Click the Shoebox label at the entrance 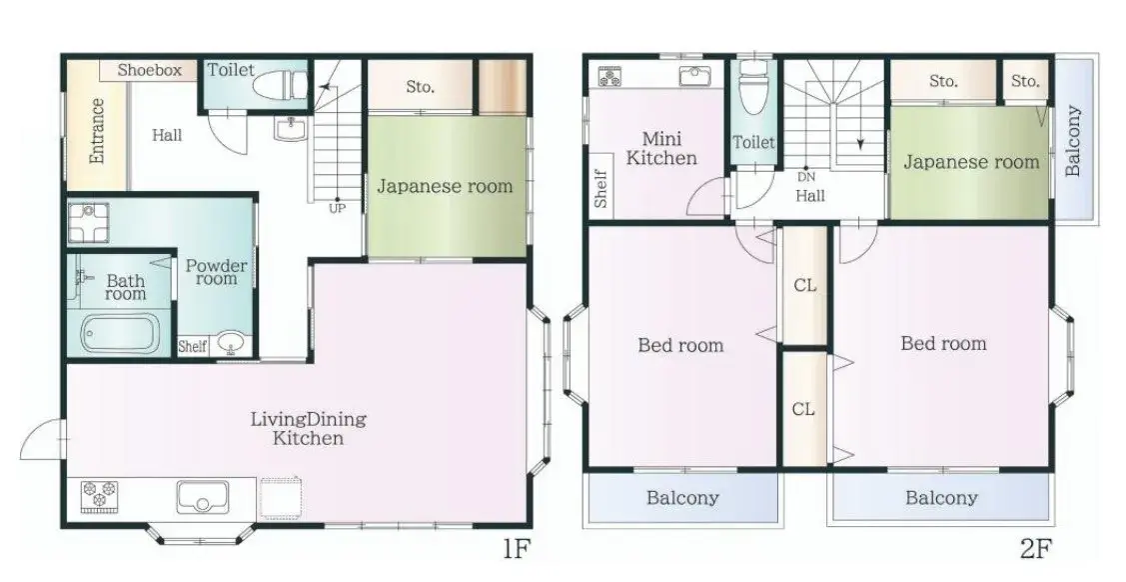(x=150, y=70)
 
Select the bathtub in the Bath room (x=120, y=333)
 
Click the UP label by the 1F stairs (x=337, y=209)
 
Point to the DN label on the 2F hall (x=806, y=177)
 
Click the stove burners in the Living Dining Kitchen (x=98, y=496)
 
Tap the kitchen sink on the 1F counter (x=203, y=496)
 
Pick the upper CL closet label (x=805, y=285)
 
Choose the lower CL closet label (x=803, y=409)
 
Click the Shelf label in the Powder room (x=193, y=346)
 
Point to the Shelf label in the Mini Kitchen (x=601, y=188)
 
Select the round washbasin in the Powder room (x=231, y=343)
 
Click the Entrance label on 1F (x=96, y=131)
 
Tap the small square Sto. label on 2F (x=1025, y=81)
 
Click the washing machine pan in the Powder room (x=89, y=223)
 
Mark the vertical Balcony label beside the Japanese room (x=1073, y=141)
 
